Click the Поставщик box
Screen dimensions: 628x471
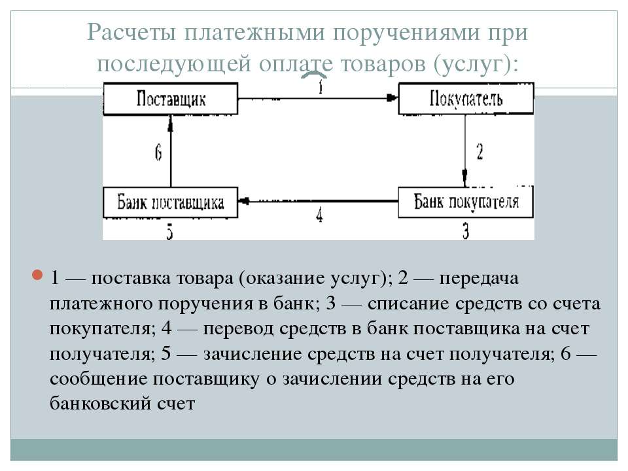coord(171,99)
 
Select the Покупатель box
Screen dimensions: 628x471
coord(466,99)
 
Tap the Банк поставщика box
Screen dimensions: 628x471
coord(171,203)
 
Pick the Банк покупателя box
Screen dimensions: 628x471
coord(465,203)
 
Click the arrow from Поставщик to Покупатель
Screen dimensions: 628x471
coord(318,98)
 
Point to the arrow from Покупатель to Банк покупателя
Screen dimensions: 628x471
coord(465,151)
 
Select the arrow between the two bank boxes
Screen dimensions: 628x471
coord(318,201)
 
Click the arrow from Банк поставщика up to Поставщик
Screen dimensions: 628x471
coord(171,151)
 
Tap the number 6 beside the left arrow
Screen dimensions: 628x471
coord(158,152)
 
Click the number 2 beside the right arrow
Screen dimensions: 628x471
coord(480,152)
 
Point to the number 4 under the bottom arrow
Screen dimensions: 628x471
coord(319,215)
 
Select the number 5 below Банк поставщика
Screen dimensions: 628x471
coord(170,232)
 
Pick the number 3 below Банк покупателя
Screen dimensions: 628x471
coord(465,232)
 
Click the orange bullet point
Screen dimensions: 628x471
coord(37,275)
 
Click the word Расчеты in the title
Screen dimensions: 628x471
coord(131,32)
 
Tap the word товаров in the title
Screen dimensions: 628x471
coord(383,63)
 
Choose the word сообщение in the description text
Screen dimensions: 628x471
coord(99,379)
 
